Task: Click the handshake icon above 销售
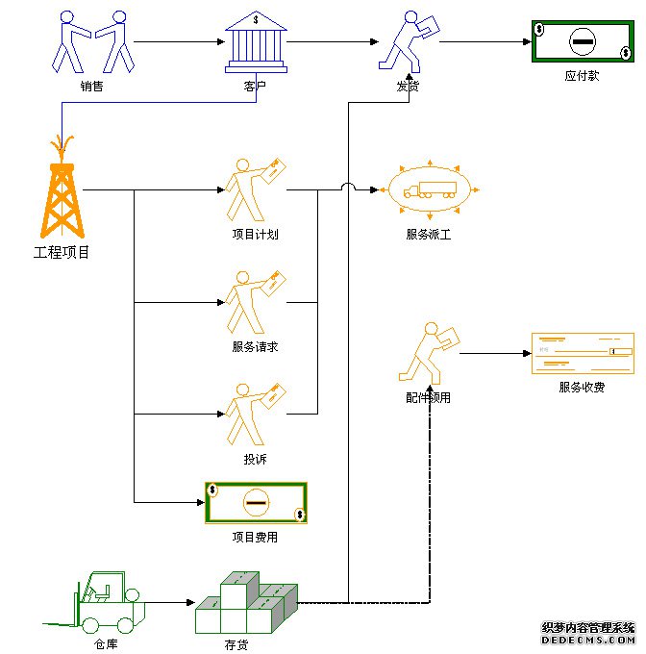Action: point(92,42)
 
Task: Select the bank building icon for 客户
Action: point(255,42)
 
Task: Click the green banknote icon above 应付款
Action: point(582,41)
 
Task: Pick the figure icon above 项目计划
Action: point(254,189)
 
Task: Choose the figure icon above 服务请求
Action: point(254,302)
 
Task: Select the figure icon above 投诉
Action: point(254,415)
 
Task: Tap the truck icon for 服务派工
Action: point(430,189)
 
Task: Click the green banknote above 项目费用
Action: point(256,502)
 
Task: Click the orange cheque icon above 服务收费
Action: point(583,354)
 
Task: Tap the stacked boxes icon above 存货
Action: point(244,604)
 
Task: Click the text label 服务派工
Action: point(429,234)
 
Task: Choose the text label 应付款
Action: point(582,75)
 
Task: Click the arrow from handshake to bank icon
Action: point(173,41)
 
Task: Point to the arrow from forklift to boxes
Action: point(168,603)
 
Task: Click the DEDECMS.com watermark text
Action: point(588,639)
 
